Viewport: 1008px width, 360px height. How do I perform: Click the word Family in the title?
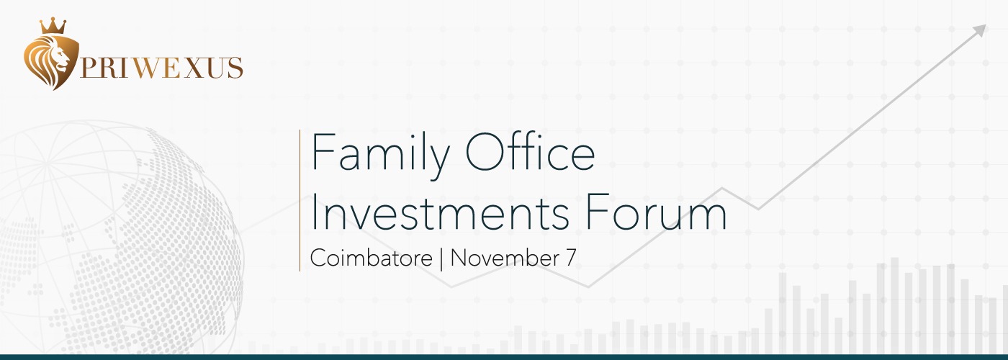380,156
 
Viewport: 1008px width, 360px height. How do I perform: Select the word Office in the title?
530,151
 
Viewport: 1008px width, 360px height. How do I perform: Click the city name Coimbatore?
372,258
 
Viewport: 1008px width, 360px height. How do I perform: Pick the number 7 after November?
570,258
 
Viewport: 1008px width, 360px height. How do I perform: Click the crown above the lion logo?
53,26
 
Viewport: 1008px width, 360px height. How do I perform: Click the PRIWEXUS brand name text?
161,68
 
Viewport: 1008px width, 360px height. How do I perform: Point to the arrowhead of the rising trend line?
980,30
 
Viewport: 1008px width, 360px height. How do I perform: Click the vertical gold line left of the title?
300,200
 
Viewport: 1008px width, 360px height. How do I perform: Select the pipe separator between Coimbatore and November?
441,258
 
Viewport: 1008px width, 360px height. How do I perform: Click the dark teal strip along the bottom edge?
504,357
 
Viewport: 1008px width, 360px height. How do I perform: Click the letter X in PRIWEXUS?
194,68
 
